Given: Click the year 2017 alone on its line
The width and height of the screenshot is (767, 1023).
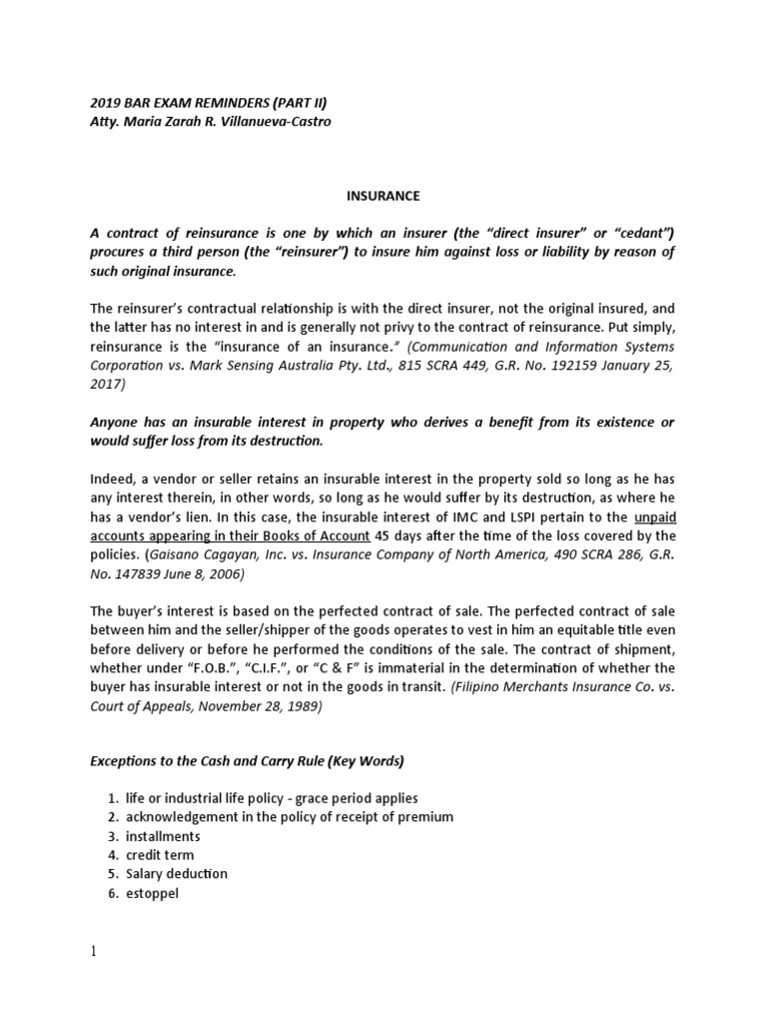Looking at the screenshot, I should click(x=108, y=384).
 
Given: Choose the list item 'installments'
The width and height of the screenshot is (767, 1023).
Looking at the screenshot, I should click(x=163, y=836).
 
